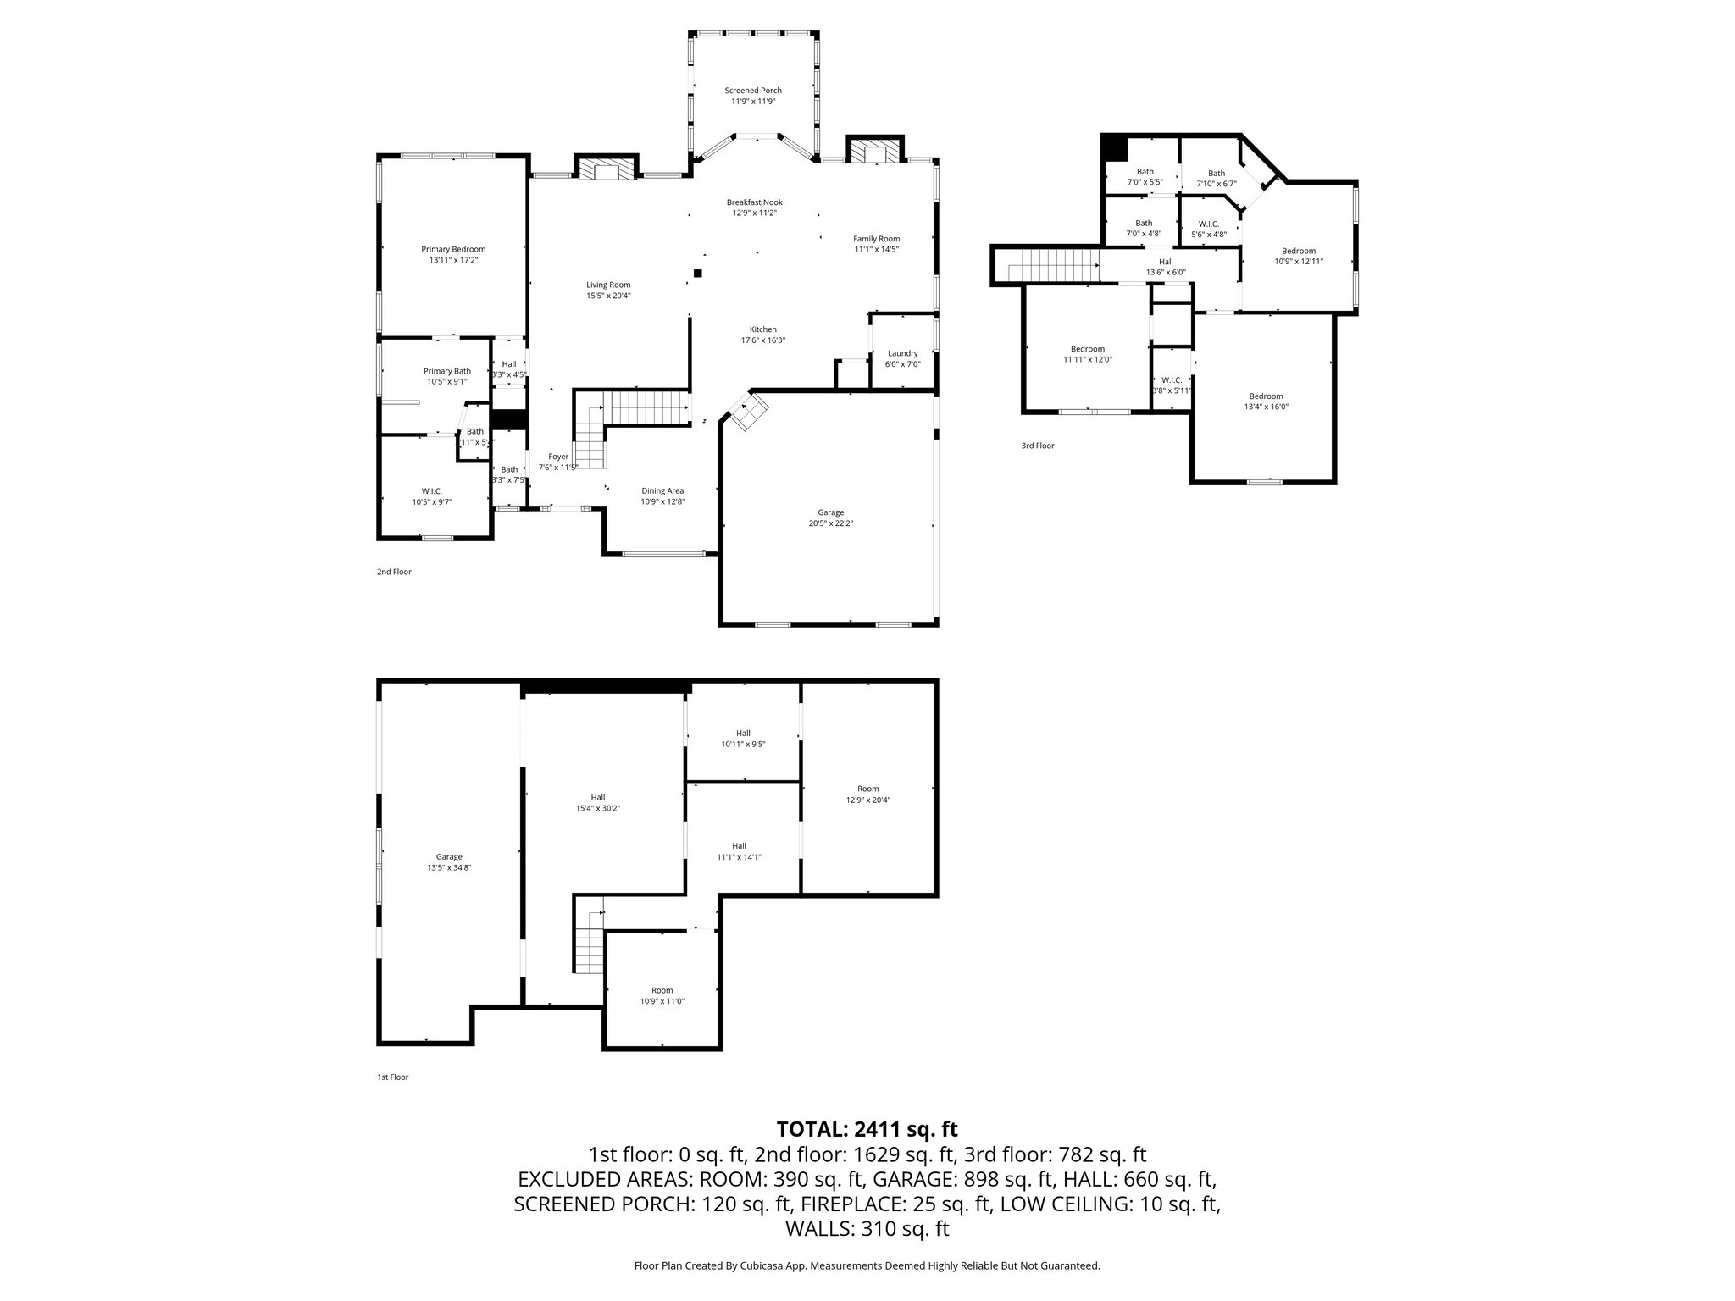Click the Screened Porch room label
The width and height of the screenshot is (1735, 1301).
752,91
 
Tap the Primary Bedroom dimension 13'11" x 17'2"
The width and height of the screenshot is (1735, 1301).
453,260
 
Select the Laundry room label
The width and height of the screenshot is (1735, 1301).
902,353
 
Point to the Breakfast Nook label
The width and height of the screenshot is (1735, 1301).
754,202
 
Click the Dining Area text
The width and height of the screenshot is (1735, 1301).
662,490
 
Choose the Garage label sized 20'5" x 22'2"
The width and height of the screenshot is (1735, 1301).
830,512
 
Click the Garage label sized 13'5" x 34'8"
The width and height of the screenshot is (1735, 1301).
449,856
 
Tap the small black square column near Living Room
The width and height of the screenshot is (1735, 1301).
697,273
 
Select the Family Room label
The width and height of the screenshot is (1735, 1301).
876,239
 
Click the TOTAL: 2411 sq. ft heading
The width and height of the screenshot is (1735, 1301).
867,1128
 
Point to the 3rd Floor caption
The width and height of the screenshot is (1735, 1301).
1037,446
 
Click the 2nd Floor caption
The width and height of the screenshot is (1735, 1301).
394,572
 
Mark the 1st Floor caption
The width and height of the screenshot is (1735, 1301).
392,1077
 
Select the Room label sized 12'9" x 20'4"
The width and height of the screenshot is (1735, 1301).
867,789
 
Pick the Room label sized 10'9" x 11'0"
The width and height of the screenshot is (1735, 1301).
662,990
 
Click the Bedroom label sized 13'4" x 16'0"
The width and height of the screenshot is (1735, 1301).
1266,396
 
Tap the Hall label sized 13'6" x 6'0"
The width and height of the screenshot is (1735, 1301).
1166,262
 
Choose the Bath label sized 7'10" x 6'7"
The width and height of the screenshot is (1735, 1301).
1216,173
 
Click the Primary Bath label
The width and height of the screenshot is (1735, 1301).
446,371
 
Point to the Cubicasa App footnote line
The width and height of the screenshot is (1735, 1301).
867,1265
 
